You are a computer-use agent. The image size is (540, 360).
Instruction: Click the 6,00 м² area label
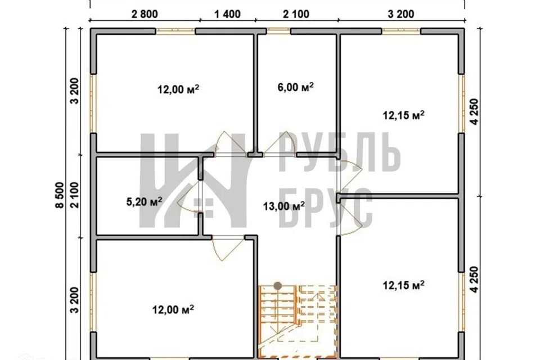tap(295, 87)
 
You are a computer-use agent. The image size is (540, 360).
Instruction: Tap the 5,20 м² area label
tap(145, 201)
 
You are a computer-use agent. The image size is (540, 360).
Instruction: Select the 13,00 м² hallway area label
tap(283, 206)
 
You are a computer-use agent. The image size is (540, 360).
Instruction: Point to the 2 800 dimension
tap(145, 14)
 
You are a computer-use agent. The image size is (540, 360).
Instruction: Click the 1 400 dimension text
tap(228, 14)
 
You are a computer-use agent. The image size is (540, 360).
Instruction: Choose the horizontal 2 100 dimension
tap(296, 14)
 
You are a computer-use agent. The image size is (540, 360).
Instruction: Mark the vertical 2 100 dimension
tap(75, 195)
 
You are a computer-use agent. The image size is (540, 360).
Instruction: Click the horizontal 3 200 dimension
tap(401, 14)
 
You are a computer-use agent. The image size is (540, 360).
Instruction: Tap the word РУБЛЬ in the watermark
tap(339, 152)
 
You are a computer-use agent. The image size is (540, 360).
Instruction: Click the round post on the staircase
tap(278, 286)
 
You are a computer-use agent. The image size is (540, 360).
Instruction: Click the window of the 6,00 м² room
tap(278, 31)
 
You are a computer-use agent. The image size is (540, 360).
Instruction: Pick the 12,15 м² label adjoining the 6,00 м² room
tap(404, 115)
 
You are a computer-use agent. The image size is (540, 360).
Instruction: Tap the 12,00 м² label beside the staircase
tap(173, 309)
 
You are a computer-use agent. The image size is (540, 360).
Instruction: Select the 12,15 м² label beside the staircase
tap(404, 285)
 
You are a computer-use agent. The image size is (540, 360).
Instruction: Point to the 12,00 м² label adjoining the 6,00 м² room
tap(178, 89)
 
